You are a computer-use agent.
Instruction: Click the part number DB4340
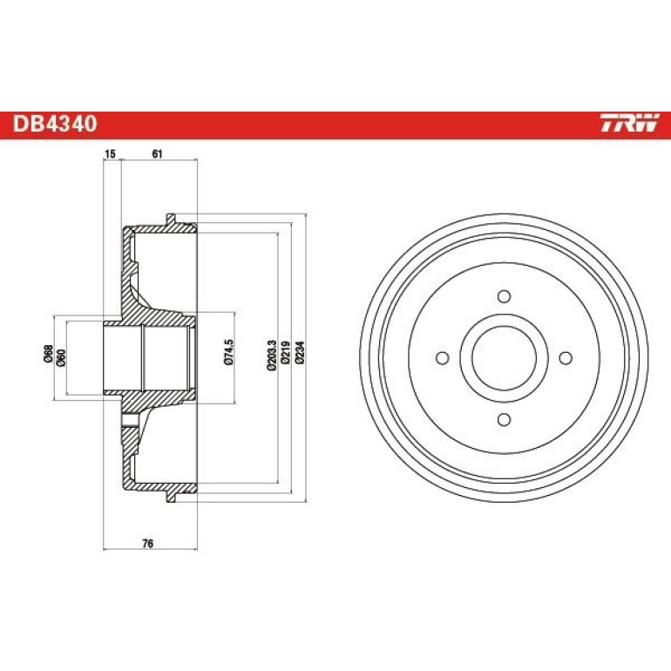click(x=55, y=124)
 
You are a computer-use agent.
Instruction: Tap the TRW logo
click(x=629, y=123)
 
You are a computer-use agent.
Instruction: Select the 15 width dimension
click(x=111, y=153)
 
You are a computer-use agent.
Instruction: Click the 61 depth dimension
click(x=158, y=153)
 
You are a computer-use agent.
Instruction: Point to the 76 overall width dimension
click(x=147, y=544)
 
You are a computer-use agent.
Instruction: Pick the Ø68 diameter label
click(x=48, y=353)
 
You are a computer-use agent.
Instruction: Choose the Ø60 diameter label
click(x=61, y=357)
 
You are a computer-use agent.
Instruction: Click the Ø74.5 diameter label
click(x=229, y=352)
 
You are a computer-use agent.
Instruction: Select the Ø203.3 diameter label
click(x=272, y=356)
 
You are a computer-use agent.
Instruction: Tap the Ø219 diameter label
click(x=286, y=353)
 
